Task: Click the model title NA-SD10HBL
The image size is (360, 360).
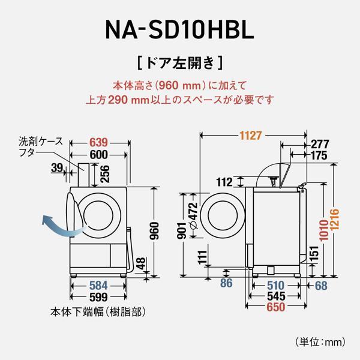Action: tap(180, 28)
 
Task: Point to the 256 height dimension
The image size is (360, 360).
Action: tap(105, 173)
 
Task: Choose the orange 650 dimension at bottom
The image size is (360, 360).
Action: tap(276, 308)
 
